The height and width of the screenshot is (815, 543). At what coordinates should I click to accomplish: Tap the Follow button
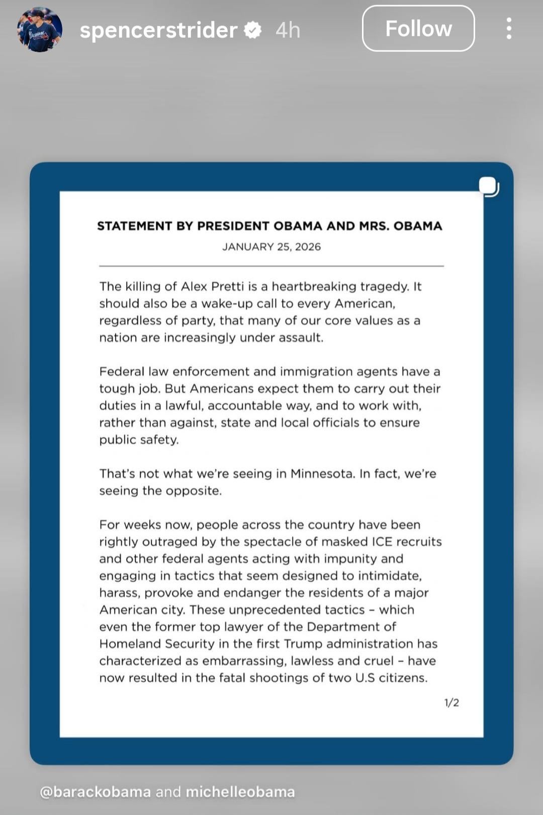pyautogui.click(x=418, y=29)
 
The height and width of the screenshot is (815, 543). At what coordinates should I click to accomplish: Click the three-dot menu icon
pyautogui.click(x=509, y=29)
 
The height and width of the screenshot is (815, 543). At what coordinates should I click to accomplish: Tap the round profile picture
pyautogui.click(x=40, y=30)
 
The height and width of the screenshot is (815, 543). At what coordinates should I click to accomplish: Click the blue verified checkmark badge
pyautogui.click(x=252, y=30)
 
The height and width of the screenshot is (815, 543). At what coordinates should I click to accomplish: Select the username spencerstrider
pyautogui.click(x=158, y=30)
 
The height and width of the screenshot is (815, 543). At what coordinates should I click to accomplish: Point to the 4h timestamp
pyautogui.click(x=288, y=30)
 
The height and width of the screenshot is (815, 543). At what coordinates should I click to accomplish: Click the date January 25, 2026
pyautogui.click(x=271, y=247)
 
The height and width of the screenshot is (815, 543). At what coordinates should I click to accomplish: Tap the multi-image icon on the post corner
pyautogui.click(x=488, y=187)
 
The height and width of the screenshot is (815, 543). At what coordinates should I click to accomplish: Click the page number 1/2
pyautogui.click(x=451, y=703)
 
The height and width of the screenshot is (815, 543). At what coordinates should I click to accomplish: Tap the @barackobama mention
pyautogui.click(x=95, y=792)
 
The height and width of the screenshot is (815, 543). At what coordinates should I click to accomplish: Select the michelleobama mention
pyautogui.click(x=240, y=792)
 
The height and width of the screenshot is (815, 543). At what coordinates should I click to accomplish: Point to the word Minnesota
pyautogui.click(x=322, y=473)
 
